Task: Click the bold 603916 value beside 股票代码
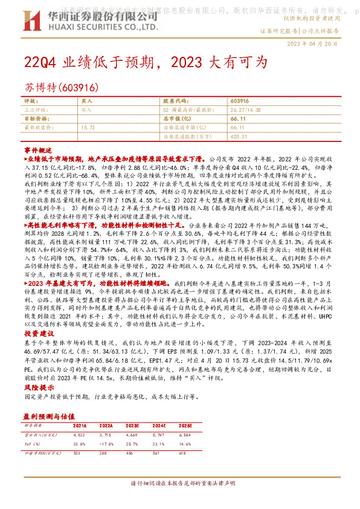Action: click(240, 100)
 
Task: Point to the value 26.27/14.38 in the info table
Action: click(246, 110)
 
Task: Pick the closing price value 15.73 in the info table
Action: click(88, 128)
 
